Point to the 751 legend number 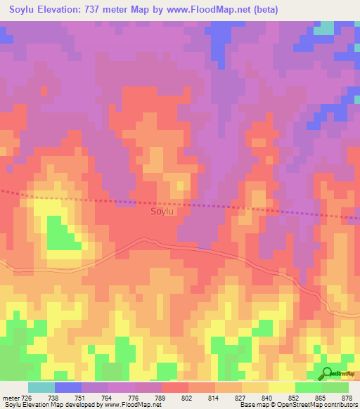point(81,397)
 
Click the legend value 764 point(108,397)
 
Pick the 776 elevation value point(134,397)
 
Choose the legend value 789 point(161,397)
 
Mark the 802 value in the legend point(188,397)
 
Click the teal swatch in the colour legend point(41,387)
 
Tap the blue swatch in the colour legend point(68,387)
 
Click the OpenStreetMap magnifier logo point(327,374)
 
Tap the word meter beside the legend point(11,397)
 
